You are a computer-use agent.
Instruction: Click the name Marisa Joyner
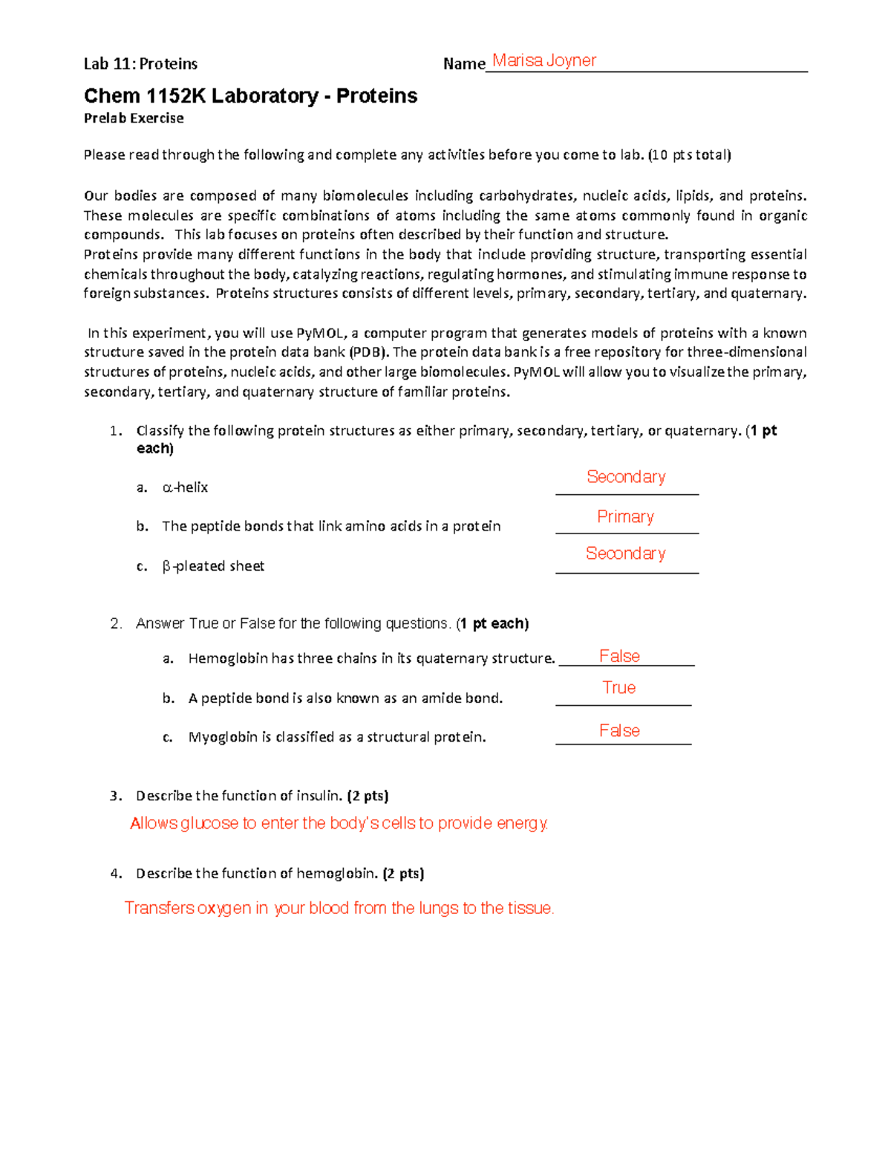pyautogui.click(x=544, y=61)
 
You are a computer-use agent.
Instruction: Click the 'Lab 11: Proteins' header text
pyautogui.click(x=140, y=64)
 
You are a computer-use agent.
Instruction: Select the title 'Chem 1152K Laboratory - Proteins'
pyautogui.click(x=250, y=96)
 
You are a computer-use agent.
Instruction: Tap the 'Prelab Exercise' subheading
pyautogui.click(x=134, y=118)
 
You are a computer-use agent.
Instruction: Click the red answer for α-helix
pyautogui.click(x=626, y=477)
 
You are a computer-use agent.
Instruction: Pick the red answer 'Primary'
pyautogui.click(x=625, y=516)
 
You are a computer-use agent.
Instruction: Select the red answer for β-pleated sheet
pyautogui.click(x=625, y=554)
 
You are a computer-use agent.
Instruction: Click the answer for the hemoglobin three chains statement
pyautogui.click(x=619, y=656)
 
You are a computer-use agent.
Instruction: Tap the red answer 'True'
pyautogui.click(x=619, y=688)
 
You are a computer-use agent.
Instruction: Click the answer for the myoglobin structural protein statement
pyautogui.click(x=619, y=731)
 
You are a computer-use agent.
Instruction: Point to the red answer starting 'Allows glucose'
pyautogui.click(x=339, y=823)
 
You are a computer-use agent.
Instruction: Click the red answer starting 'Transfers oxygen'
pyautogui.click(x=339, y=908)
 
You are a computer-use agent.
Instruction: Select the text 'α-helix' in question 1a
pyautogui.click(x=185, y=487)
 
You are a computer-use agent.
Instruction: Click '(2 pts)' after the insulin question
pyautogui.click(x=368, y=796)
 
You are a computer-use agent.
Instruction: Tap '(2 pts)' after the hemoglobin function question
pyautogui.click(x=403, y=874)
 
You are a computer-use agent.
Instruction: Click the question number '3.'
pyautogui.click(x=115, y=796)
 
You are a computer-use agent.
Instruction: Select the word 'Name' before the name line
pyautogui.click(x=463, y=64)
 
